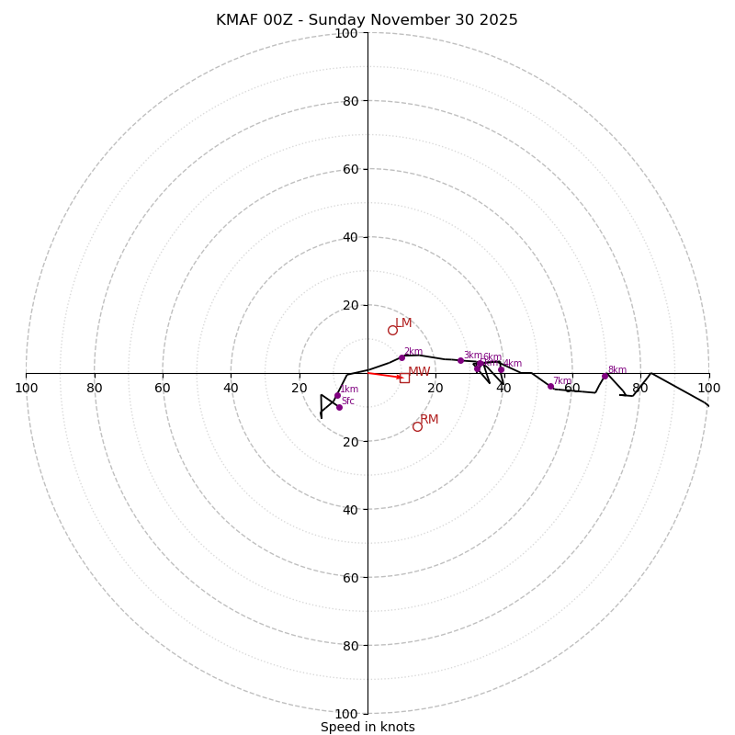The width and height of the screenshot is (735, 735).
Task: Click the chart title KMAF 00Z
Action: (x=367, y=20)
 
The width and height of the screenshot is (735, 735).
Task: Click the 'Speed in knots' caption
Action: (x=367, y=727)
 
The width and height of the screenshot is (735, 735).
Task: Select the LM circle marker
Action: (x=392, y=330)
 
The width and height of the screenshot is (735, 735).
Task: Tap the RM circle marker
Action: (x=417, y=426)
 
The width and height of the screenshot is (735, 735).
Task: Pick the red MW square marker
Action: (x=404, y=378)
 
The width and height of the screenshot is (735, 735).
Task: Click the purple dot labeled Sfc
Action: (x=339, y=407)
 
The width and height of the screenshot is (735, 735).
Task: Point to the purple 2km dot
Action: (x=401, y=357)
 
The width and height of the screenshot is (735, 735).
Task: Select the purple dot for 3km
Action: (x=460, y=360)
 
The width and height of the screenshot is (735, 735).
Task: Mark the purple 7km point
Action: (x=550, y=386)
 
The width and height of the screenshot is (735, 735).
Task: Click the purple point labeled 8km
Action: (x=605, y=376)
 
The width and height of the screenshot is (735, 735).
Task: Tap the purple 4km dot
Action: (x=501, y=369)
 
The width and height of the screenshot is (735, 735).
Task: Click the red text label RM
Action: (x=429, y=420)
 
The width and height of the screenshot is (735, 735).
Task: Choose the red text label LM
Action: (x=403, y=323)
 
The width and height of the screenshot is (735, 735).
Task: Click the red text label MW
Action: (x=419, y=372)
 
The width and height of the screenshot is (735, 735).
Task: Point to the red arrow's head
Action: (x=401, y=377)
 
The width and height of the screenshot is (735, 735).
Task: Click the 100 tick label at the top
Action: (x=346, y=34)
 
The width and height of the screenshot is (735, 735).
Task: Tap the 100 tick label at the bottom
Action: (x=346, y=714)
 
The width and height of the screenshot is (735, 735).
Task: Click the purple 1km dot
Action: (x=337, y=395)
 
